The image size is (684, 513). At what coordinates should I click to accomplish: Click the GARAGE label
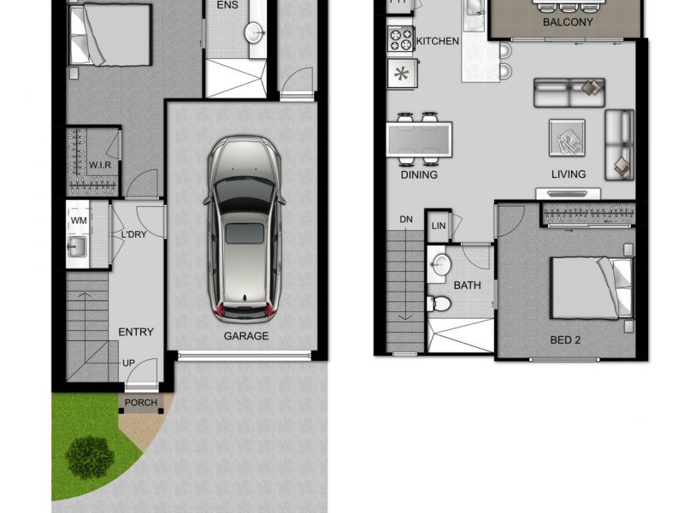245,336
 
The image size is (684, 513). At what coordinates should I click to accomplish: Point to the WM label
79,221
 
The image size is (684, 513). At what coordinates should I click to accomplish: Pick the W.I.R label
101,164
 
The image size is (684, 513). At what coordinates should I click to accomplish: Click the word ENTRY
136,332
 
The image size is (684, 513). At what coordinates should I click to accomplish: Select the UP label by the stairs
128,363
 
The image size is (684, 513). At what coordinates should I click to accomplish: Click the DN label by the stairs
406,220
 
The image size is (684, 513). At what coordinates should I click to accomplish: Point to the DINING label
419,174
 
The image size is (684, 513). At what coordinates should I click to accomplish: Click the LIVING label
569,174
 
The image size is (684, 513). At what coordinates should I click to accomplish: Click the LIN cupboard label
439,226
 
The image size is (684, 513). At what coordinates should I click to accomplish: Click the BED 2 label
565,339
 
